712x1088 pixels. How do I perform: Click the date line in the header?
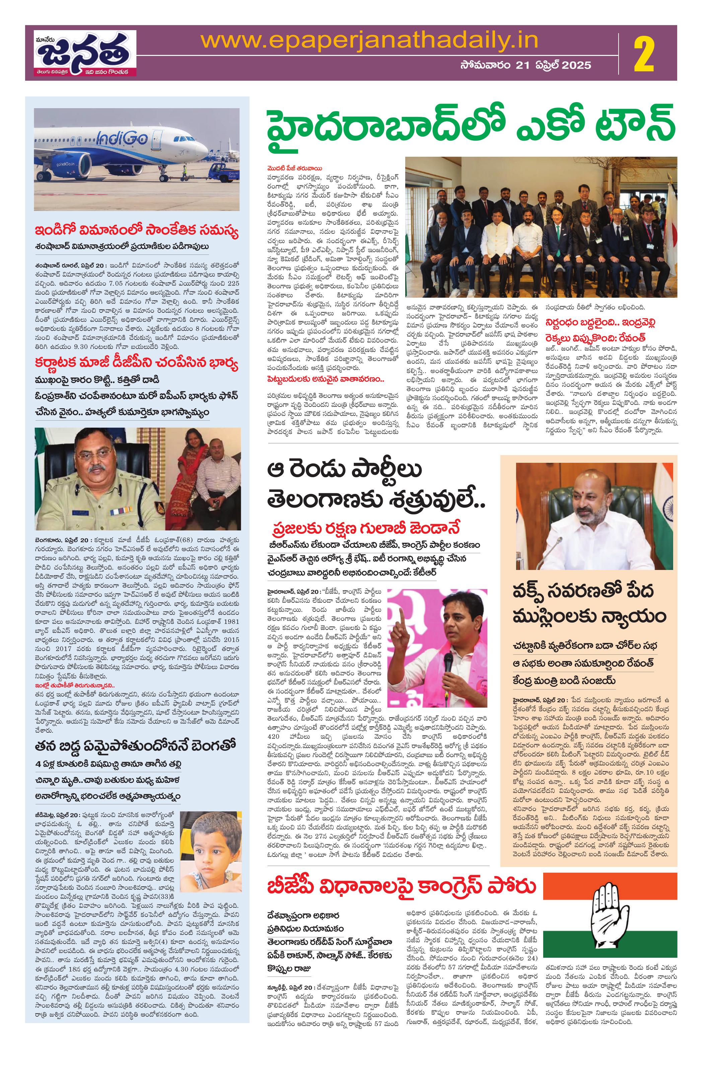(525, 65)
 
